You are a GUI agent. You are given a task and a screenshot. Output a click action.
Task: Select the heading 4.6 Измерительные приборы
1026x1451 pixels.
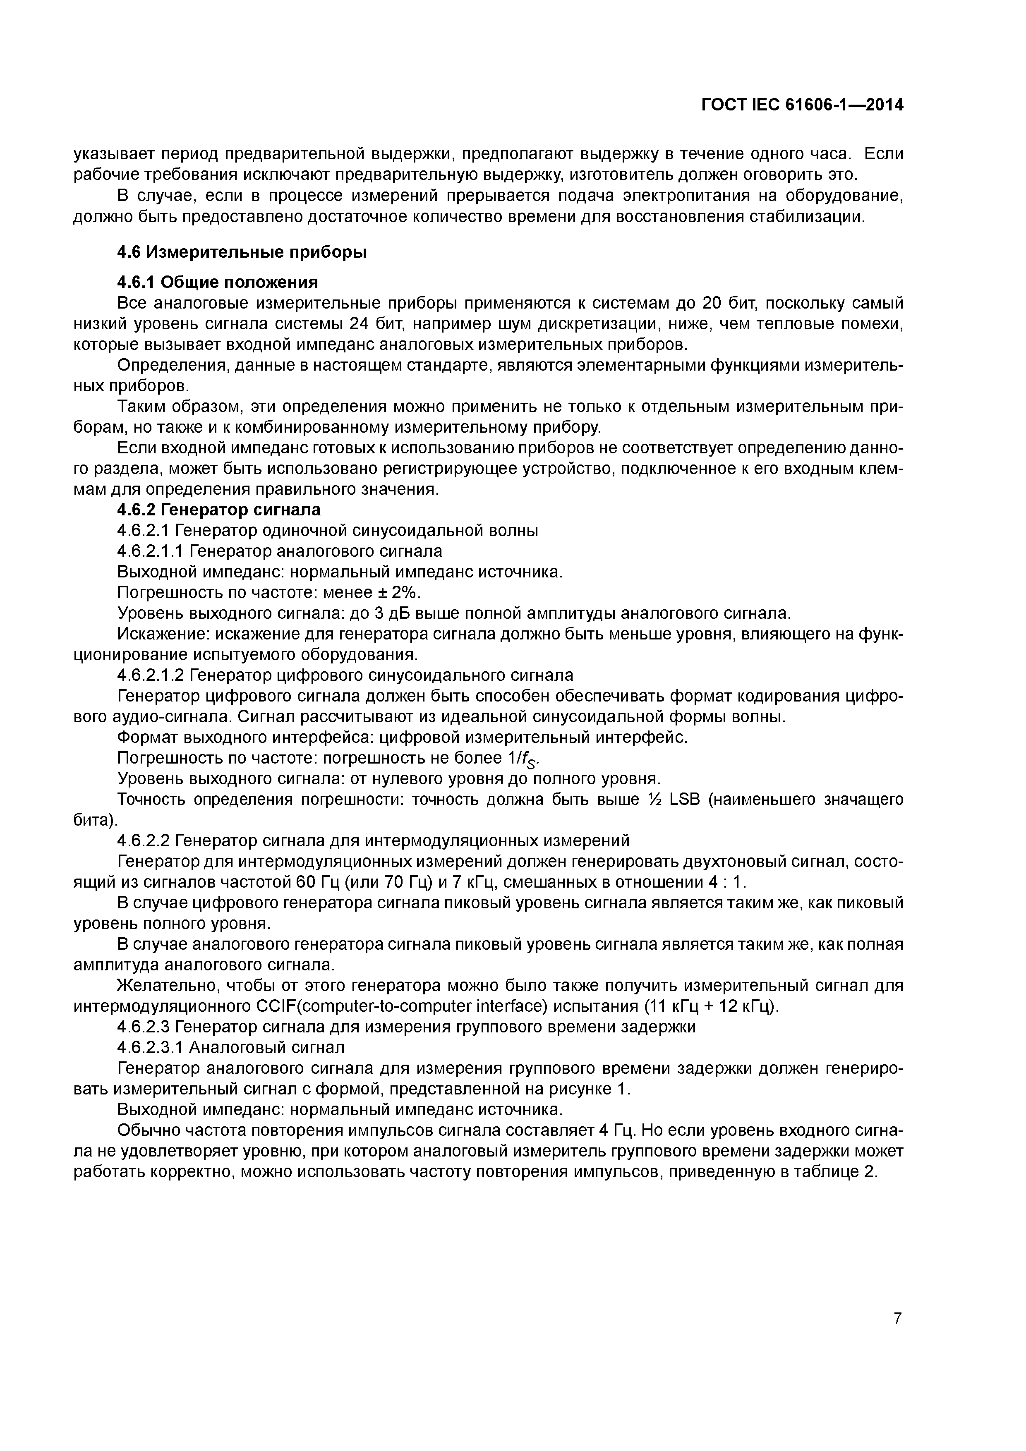(242, 252)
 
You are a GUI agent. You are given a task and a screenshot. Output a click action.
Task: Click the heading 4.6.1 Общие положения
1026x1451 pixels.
(218, 282)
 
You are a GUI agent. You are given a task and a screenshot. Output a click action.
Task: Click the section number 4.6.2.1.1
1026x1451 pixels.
(150, 551)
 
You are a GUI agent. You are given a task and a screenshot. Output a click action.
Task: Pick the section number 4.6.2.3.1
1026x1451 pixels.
(150, 1048)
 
